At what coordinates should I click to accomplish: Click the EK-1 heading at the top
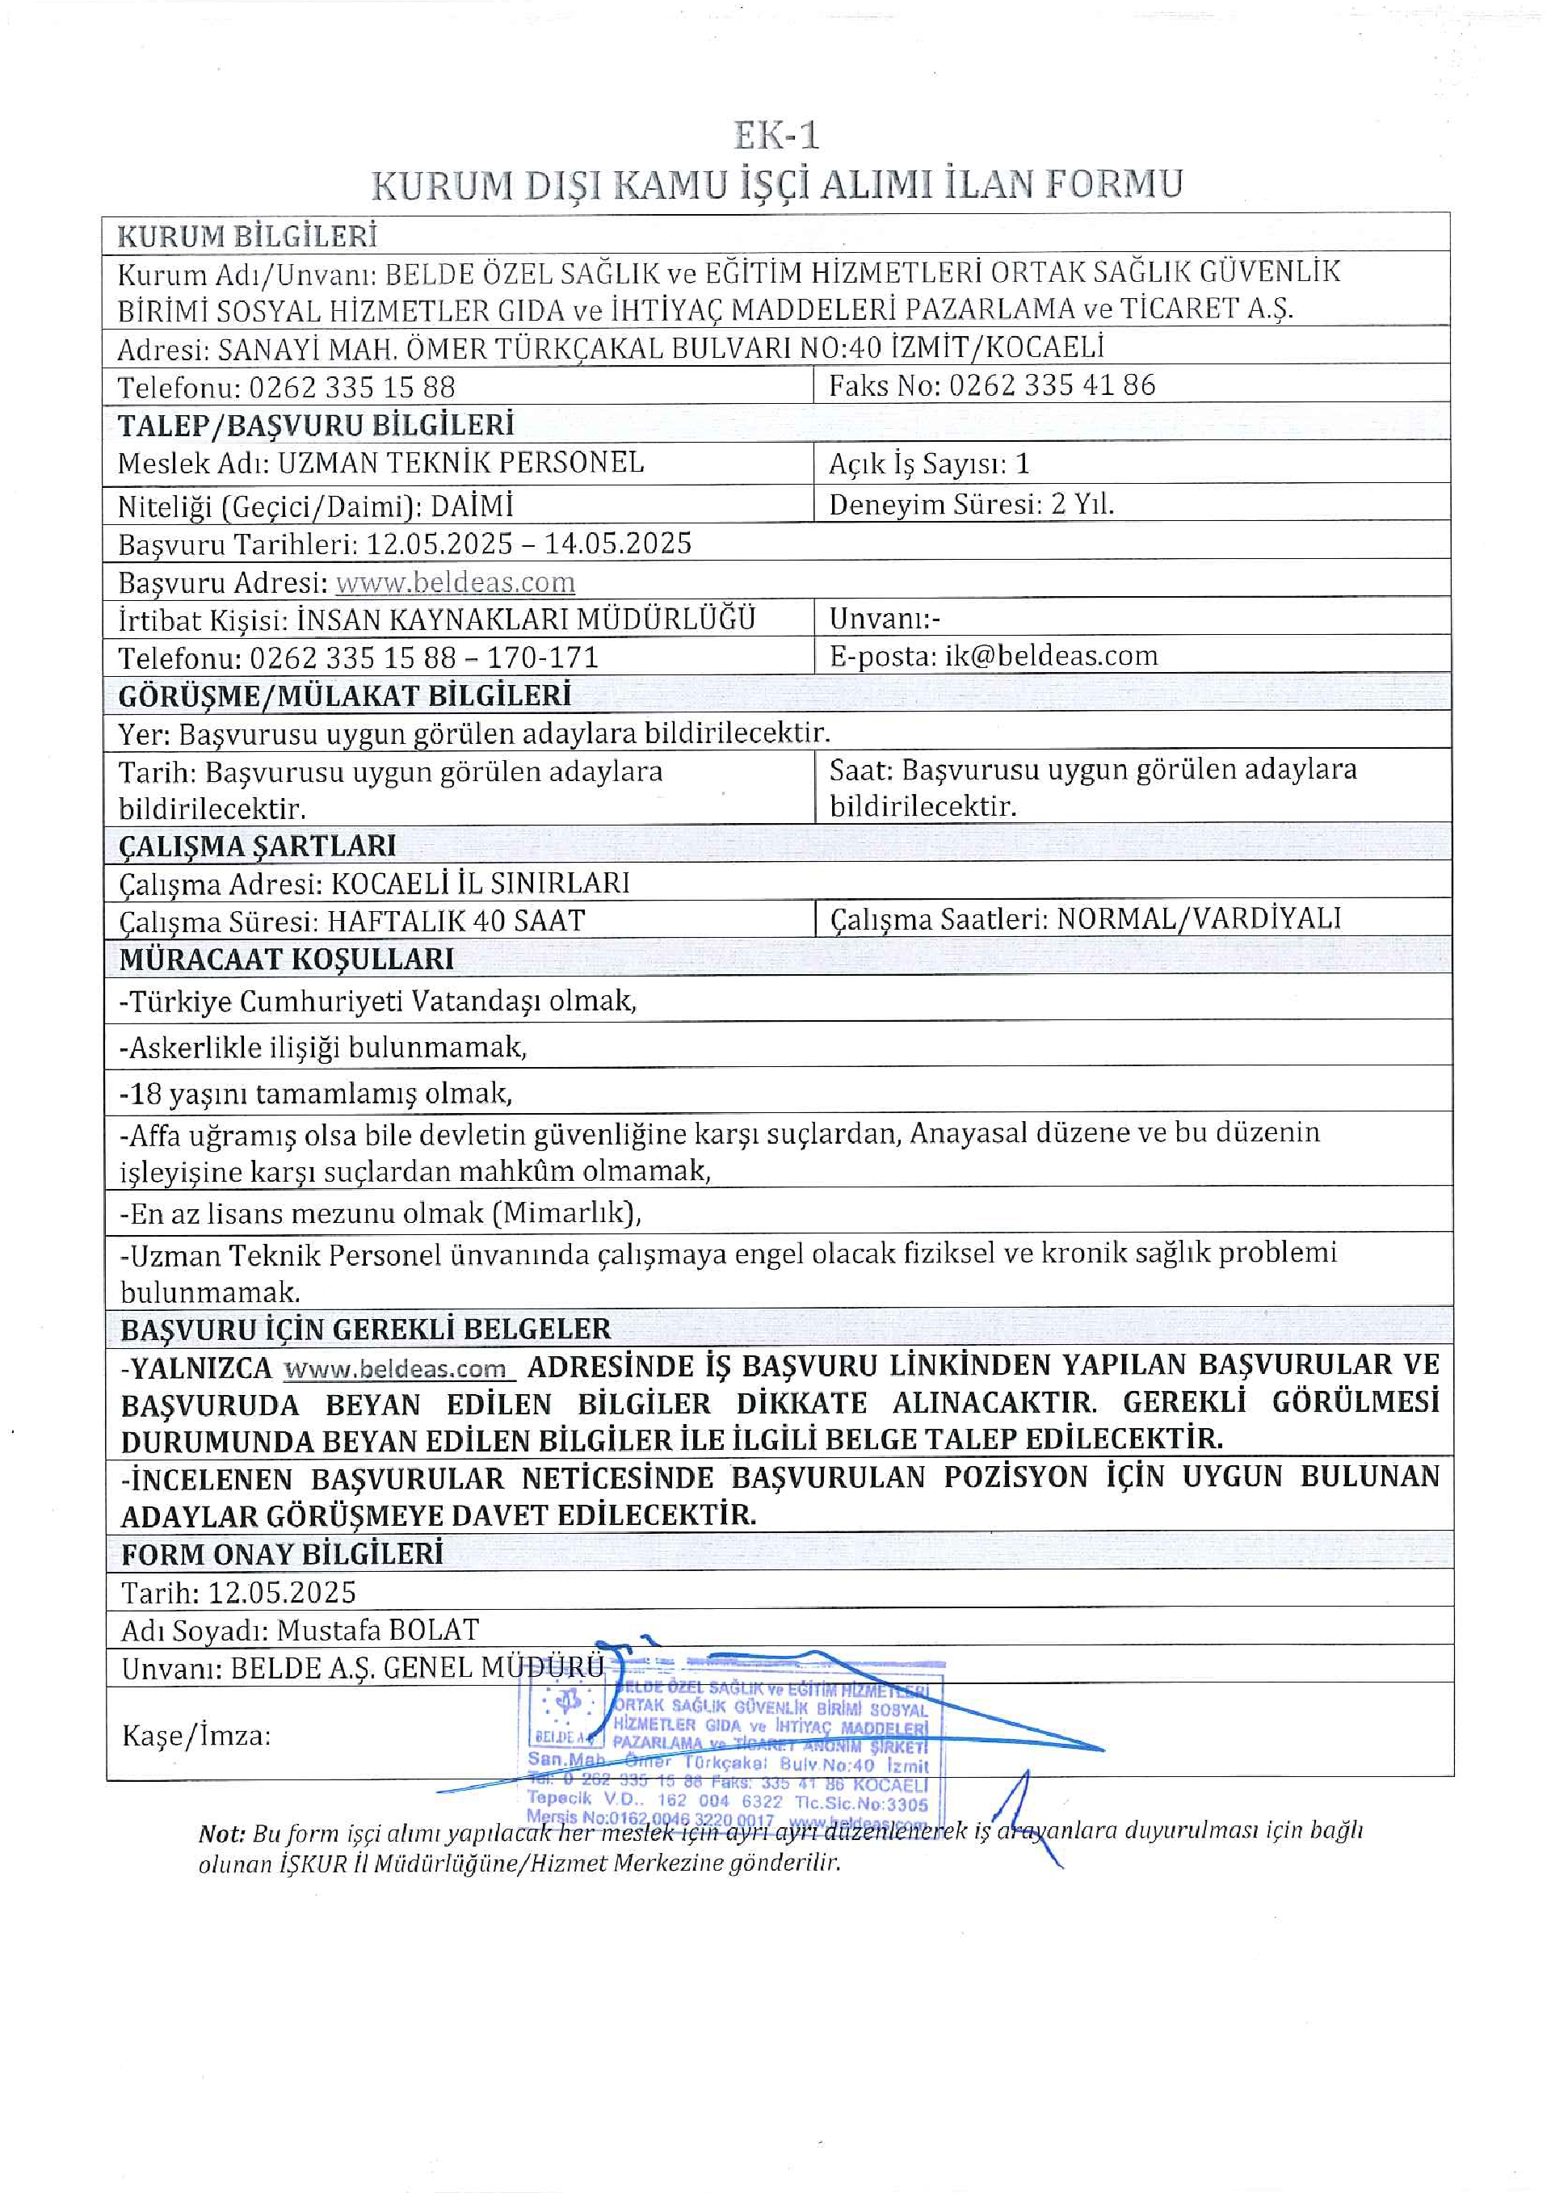point(775,137)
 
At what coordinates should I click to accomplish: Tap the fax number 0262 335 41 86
point(1052,385)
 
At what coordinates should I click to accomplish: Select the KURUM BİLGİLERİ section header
point(247,235)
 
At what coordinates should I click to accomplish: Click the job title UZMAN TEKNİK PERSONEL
point(461,464)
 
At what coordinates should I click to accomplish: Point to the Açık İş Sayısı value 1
point(1022,464)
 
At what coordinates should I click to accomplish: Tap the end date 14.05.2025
point(618,544)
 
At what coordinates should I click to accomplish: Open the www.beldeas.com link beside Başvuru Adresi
point(456,582)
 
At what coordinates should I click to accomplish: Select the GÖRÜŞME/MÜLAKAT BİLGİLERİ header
point(345,695)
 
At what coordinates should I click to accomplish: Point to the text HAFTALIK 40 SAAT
point(456,921)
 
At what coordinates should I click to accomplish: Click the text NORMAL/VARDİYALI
point(1199,919)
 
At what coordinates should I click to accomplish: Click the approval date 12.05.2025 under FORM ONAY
point(282,1592)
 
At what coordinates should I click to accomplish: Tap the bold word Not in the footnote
point(221,1834)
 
